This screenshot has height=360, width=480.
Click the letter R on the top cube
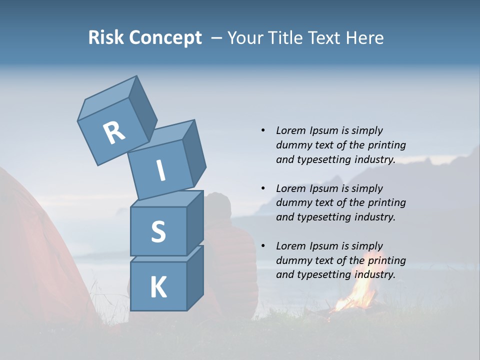[114, 132]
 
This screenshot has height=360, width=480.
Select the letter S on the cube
[158, 231]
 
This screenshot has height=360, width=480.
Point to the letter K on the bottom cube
[158, 287]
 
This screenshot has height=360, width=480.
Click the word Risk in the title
[106, 37]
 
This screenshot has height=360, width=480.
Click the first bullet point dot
[263, 130]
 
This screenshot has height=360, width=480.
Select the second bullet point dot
[263, 188]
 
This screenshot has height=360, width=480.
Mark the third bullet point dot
[263, 246]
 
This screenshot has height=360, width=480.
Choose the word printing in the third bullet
[386, 260]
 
